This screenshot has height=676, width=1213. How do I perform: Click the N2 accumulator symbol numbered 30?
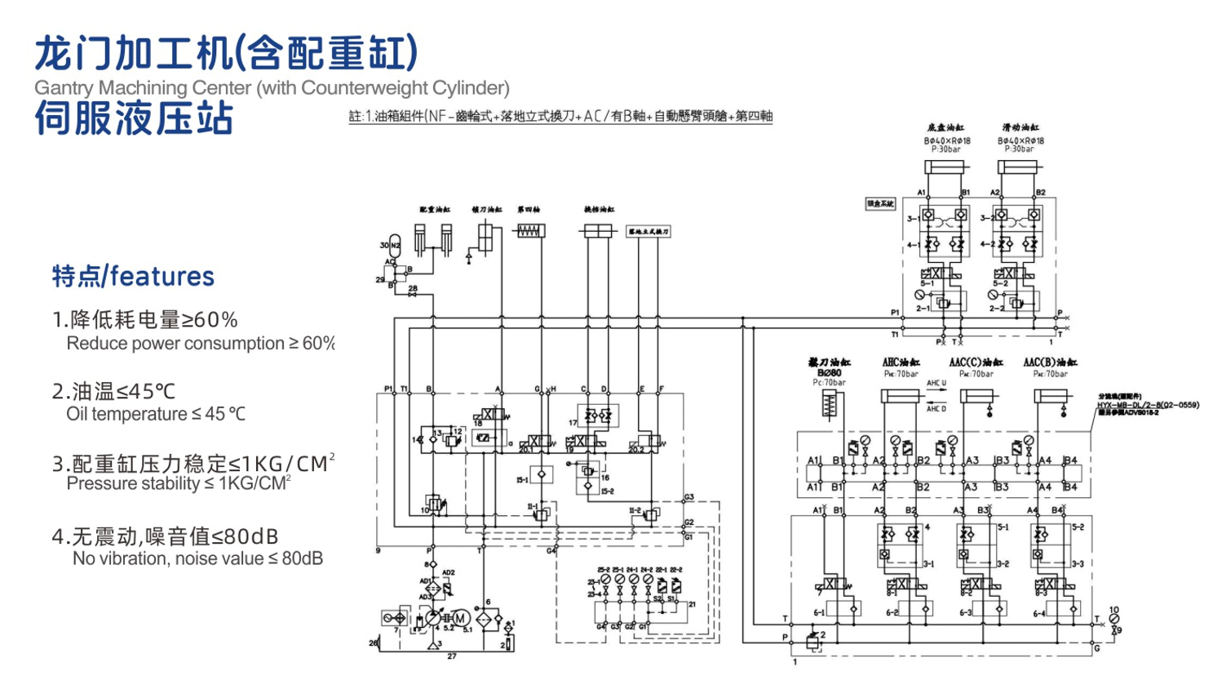click(x=395, y=246)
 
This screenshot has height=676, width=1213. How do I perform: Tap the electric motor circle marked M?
click(x=460, y=619)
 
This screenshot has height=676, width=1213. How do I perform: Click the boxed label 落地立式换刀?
click(x=649, y=232)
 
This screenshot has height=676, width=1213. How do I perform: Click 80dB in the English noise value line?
click(x=303, y=559)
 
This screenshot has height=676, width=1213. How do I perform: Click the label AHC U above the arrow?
click(x=936, y=383)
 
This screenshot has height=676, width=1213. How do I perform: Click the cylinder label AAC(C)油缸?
click(x=976, y=362)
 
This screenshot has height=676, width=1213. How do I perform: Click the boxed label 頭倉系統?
click(x=880, y=203)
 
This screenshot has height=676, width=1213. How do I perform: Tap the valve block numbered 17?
click(x=599, y=416)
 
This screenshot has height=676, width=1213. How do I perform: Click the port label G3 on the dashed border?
click(x=688, y=497)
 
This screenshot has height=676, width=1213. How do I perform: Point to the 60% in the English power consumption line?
click(x=318, y=344)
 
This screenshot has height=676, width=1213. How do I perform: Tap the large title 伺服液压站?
click(x=135, y=118)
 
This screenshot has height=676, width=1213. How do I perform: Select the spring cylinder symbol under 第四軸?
click(x=529, y=231)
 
